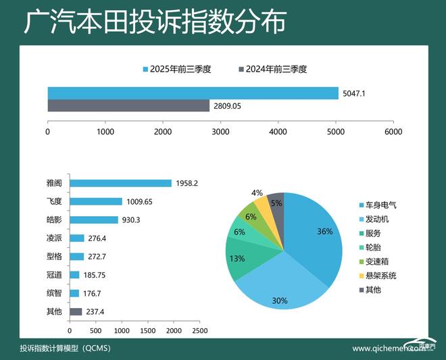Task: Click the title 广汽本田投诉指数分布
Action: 155,22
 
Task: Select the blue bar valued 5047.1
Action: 193,93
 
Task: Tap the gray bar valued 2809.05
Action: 128,106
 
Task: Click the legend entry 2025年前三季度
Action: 177,68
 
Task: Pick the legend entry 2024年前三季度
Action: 273,68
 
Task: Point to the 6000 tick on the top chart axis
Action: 393,132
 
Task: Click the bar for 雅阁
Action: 120,183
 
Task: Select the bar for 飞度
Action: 96,201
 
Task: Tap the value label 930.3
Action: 135,220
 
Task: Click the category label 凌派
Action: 54,238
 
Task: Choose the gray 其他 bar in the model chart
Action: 76,311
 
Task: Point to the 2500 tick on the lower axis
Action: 200,331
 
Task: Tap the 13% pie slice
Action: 238,258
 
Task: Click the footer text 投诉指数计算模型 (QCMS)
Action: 65,349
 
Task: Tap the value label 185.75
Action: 96,275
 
